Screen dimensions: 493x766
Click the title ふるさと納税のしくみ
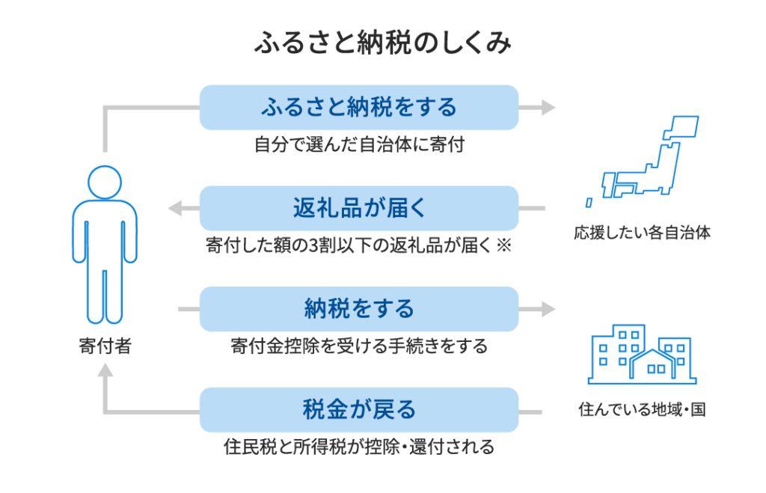(382, 44)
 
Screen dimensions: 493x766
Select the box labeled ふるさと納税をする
(359, 107)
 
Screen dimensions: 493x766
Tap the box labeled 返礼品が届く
(359, 208)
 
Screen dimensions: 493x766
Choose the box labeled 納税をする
(359, 308)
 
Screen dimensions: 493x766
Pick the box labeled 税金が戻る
(359, 409)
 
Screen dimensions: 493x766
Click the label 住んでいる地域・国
(642, 410)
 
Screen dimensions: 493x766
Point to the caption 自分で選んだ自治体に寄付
(359, 144)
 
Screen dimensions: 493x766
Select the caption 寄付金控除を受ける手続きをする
(359, 346)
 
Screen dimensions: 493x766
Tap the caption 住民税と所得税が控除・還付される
(359, 447)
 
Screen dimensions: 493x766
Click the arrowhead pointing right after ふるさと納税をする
(549, 107)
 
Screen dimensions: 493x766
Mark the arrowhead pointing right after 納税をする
(549, 308)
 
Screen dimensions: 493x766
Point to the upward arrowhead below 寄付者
(105, 370)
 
